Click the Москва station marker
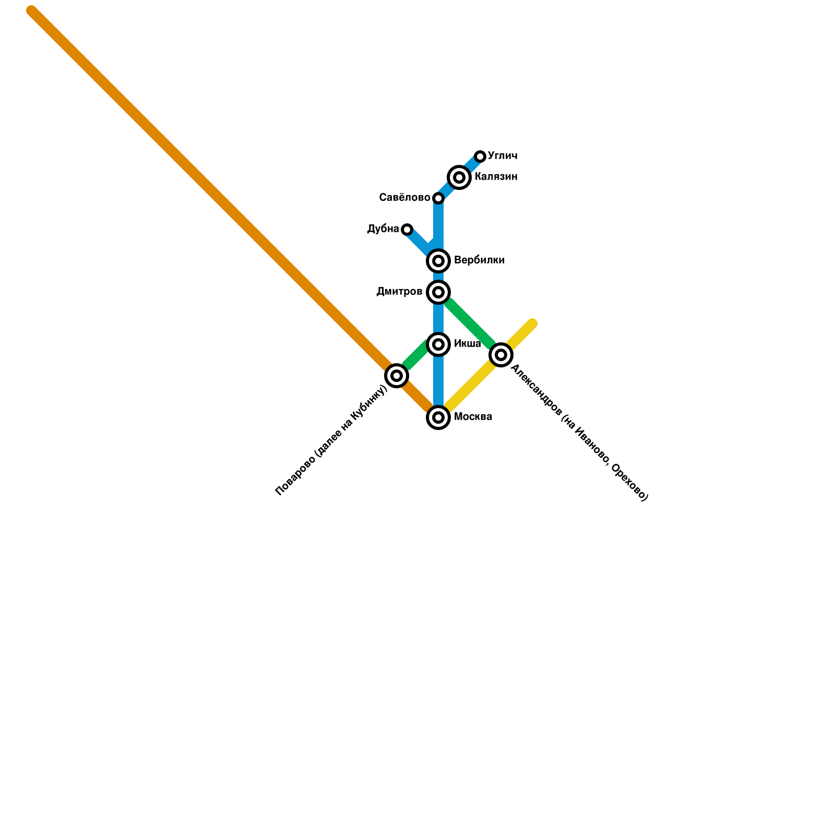click(x=438, y=417)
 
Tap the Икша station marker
click(x=438, y=344)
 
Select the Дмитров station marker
click(x=438, y=292)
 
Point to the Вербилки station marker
click(x=438, y=260)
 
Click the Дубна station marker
click(x=407, y=230)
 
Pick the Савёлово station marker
click(x=438, y=198)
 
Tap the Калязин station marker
click(x=459, y=177)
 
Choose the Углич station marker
click(x=480, y=157)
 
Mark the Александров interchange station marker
click(x=501, y=355)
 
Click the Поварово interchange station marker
click(x=397, y=376)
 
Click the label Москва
click(x=473, y=417)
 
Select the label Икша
click(x=467, y=344)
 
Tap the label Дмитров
click(x=399, y=292)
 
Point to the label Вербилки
click(x=479, y=260)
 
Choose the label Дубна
click(x=383, y=229)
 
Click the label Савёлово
click(x=404, y=198)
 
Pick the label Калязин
click(x=496, y=177)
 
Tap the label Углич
click(x=503, y=156)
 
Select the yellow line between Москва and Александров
click(x=470, y=386)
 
